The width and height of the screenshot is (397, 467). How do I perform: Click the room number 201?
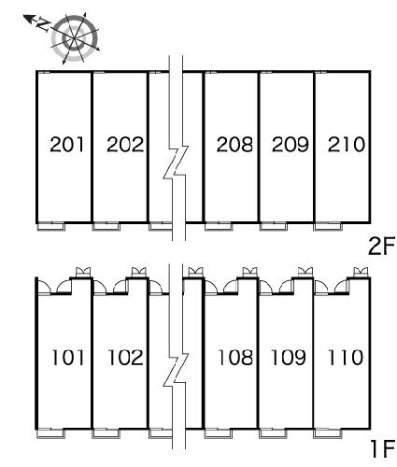[67, 145]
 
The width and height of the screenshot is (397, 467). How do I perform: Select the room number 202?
[125, 145]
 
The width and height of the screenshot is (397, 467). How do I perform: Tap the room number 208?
[234, 145]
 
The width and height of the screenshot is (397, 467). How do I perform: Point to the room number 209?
[290, 145]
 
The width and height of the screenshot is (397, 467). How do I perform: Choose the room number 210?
[346, 145]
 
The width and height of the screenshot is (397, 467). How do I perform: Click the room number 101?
[67, 357]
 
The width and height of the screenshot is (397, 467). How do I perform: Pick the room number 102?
[125, 357]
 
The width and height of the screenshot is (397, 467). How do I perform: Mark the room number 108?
[235, 357]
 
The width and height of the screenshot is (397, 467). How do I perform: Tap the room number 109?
[289, 357]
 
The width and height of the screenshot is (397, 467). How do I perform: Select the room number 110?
[345, 357]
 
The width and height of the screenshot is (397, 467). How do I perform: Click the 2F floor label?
[381, 246]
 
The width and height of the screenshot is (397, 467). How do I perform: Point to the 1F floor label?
[383, 448]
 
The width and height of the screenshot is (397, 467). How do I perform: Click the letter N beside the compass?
[44, 25]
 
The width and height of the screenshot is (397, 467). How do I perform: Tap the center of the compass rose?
[75, 38]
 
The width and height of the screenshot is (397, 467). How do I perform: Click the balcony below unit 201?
[51, 226]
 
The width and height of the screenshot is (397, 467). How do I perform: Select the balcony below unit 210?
[328, 226]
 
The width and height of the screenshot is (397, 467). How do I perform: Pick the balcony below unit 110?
[328, 433]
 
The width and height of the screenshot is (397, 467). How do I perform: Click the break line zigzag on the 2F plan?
[176, 162]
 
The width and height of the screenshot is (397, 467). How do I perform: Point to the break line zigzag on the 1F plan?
[176, 370]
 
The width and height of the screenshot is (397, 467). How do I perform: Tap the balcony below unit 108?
[219, 433]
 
